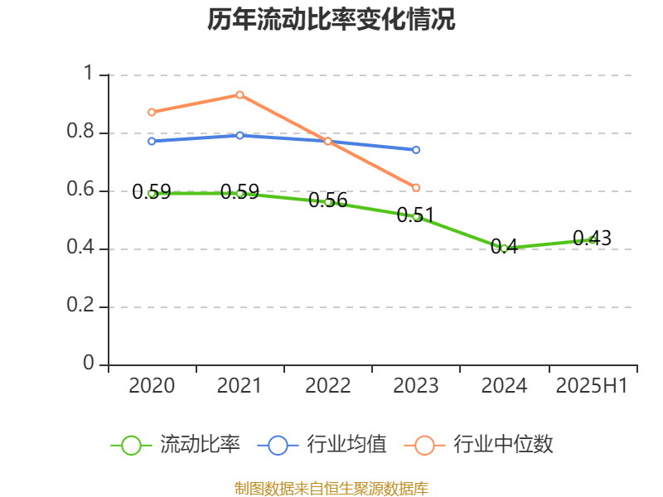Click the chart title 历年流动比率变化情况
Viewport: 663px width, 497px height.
331,20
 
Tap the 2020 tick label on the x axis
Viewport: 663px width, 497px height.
152,385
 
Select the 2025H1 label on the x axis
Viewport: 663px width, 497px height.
592,385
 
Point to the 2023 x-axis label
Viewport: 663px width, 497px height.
416,385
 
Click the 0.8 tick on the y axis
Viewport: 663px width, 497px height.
80,133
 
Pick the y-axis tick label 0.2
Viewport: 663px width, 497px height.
80,306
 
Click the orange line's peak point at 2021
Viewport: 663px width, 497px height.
240,94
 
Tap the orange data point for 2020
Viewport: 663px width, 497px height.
152,112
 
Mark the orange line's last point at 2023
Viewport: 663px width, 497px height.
416,187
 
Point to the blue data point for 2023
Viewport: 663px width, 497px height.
416,150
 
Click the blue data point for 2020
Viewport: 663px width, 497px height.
152,141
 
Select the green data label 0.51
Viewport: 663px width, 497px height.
415,216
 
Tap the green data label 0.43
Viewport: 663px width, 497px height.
592,239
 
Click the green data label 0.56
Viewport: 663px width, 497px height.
327,200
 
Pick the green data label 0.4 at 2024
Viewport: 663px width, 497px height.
504,247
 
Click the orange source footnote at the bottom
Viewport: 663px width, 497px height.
331,488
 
